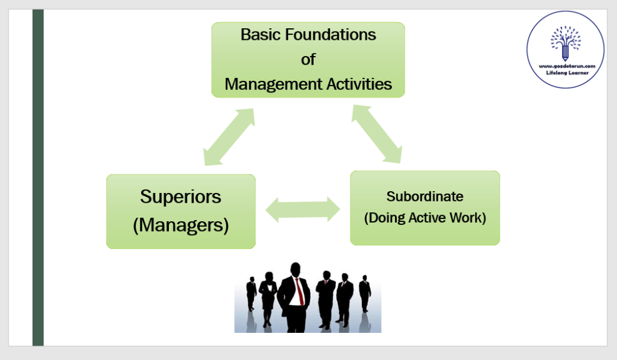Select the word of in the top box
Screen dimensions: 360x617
(308, 60)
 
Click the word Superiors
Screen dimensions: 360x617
(181, 197)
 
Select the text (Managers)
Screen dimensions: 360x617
(181, 225)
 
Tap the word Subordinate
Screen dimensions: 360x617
(425, 197)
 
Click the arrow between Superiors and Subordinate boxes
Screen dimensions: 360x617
(303, 209)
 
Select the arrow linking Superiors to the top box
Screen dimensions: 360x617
(229, 137)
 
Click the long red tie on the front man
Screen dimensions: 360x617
(299, 292)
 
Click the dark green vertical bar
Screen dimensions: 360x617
(38, 177)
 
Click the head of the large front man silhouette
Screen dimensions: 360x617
(296, 270)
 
